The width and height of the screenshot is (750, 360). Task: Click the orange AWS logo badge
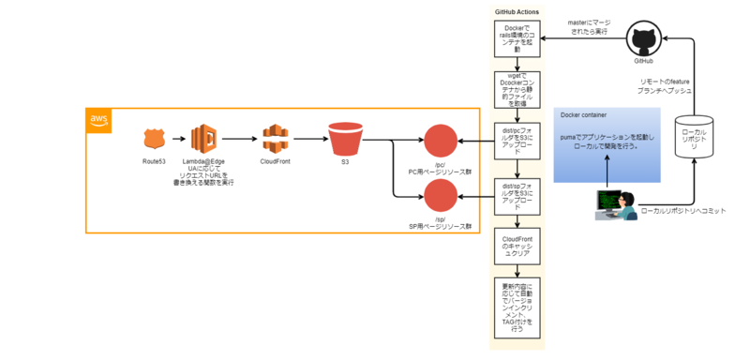pyautogui.click(x=98, y=118)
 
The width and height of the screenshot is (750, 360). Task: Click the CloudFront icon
pyautogui.click(x=274, y=140)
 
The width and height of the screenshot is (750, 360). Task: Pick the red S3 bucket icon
pyautogui.click(x=345, y=140)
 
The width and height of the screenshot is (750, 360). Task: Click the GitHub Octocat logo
pyautogui.click(x=643, y=42)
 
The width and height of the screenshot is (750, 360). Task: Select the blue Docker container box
pyautogui.click(x=607, y=144)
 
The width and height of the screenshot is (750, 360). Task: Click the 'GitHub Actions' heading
pyautogui.click(x=516, y=11)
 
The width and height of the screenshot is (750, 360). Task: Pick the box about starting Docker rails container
pyautogui.click(x=517, y=37)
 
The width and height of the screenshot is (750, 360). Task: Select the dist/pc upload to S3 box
pyautogui.click(x=517, y=140)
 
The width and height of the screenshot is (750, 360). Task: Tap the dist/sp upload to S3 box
pyautogui.click(x=517, y=197)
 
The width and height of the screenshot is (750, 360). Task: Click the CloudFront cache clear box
pyautogui.click(x=517, y=246)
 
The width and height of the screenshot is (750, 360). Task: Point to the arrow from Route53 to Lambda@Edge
pyautogui.click(x=180, y=140)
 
